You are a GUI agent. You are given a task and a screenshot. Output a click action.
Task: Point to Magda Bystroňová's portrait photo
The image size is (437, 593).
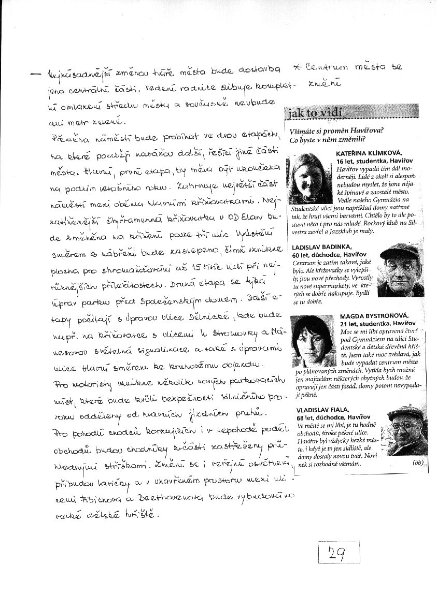tap(313, 341)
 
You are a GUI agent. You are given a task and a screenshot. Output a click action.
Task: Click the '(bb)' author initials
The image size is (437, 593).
tap(418, 462)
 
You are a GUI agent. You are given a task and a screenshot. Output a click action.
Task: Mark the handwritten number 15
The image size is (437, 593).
tap(196, 270)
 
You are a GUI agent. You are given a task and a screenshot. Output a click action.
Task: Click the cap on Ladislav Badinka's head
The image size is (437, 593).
tap(400, 251)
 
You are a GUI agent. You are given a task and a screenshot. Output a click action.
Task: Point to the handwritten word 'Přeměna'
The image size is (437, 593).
tap(71, 139)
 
